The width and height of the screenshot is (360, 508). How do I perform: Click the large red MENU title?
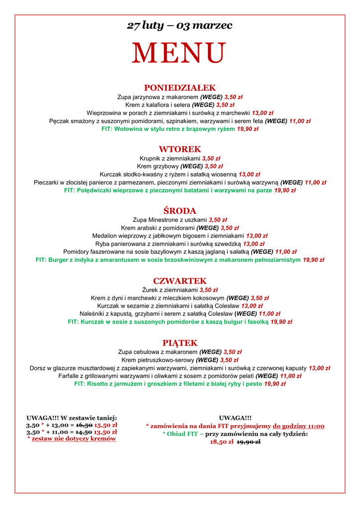pyautogui.click(x=179, y=53)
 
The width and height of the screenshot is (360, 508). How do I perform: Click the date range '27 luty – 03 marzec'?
pyautogui.click(x=180, y=25)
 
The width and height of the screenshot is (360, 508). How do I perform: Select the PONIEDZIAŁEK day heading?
pyautogui.click(x=180, y=88)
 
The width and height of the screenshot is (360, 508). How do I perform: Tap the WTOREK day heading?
pyautogui.click(x=180, y=149)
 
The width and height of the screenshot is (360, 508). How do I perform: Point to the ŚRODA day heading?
pyautogui.click(x=180, y=211)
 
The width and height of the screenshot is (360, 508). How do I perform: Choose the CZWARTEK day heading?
pyautogui.click(x=180, y=281)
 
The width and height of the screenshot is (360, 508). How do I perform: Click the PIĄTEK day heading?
pyautogui.click(x=180, y=343)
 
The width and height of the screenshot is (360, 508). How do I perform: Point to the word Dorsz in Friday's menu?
pyautogui.click(x=38, y=368)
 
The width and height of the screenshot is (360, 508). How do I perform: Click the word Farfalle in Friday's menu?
pyautogui.click(x=70, y=376)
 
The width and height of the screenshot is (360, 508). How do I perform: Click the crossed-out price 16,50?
pyautogui.click(x=84, y=425)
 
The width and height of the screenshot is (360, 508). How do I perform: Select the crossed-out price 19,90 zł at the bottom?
pyautogui.click(x=248, y=442)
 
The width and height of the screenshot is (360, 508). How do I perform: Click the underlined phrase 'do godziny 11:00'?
pyautogui.click(x=298, y=426)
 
